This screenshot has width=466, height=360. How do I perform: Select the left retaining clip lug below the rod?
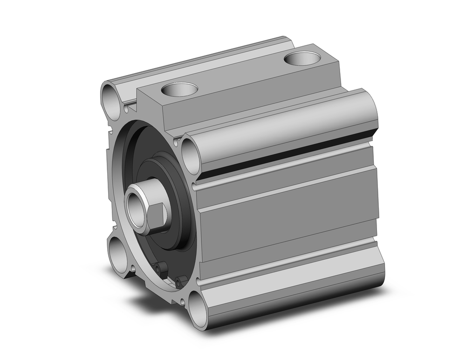161,269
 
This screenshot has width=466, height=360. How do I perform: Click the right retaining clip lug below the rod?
181,281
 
